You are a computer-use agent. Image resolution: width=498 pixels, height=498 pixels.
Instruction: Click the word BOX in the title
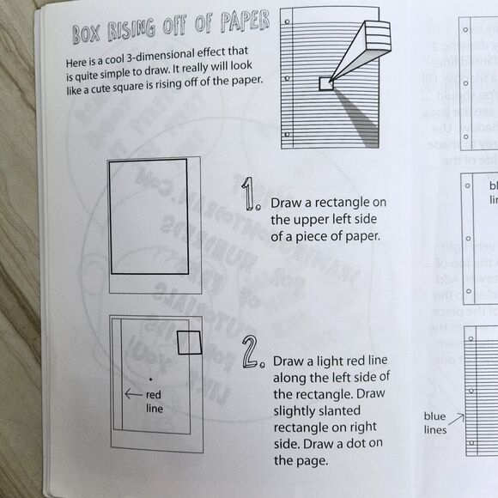[87, 35]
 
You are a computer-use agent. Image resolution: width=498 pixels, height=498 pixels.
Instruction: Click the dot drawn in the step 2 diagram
[150, 377]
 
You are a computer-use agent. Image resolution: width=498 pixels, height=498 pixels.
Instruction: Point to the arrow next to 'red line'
[133, 394]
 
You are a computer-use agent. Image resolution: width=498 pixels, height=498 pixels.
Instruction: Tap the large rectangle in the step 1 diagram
[149, 216]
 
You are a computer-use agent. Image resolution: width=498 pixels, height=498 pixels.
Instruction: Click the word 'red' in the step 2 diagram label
[154, 395]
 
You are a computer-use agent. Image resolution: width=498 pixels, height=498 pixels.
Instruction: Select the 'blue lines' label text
[435, 422]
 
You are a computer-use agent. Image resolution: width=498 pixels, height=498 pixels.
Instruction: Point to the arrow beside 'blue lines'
[458, 420]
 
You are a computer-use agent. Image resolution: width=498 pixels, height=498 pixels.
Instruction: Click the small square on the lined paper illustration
[325, 83]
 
